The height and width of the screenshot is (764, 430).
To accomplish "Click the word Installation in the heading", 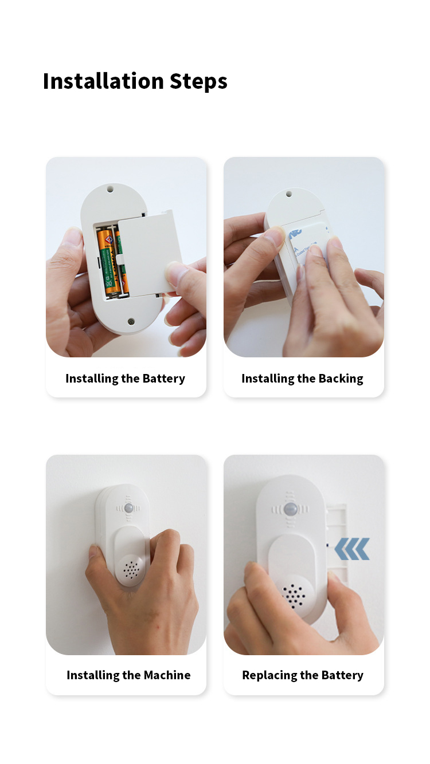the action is tap(104, 81).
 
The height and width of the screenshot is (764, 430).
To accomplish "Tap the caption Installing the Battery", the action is tap(126, 379).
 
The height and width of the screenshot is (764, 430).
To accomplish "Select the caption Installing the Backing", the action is tap(302, 379).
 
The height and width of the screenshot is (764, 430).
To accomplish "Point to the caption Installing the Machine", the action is tap(128, 675).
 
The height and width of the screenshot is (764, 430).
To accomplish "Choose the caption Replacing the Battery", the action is tap(303, 675).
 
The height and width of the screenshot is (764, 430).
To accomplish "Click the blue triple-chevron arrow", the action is tap(352, 549).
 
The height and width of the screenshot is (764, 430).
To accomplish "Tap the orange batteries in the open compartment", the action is tap(112, 262).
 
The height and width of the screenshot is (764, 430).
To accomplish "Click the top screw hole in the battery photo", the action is tap(110, 188).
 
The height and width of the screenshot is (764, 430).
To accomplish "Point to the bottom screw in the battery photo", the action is tap(131, 322).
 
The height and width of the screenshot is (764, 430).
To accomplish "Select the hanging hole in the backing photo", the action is tap(288, 194).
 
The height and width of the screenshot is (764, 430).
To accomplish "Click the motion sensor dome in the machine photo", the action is tap(129, 508).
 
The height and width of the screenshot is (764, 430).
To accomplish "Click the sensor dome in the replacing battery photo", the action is tap(290, 510).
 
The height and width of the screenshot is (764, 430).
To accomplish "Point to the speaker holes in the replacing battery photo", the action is tap(294, 596).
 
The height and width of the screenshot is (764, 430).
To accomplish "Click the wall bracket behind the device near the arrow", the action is tap(337, 542).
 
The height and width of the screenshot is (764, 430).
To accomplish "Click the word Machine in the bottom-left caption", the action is tap(167, 675).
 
